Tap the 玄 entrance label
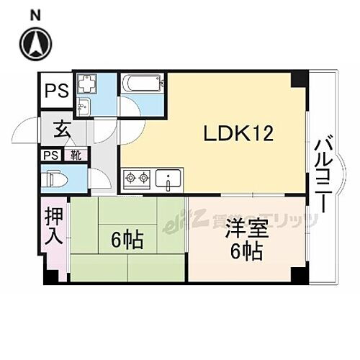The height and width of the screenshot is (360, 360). (60, 132)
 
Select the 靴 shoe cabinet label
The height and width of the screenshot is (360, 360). (75, 154)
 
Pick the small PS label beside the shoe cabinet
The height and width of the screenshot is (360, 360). (50, 155)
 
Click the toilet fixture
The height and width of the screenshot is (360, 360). (57, 178)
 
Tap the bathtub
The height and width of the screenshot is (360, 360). (141, 84)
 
